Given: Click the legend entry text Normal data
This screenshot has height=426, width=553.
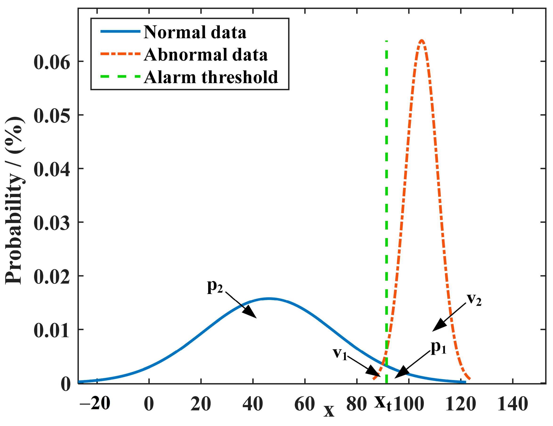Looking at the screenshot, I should coord(195,33).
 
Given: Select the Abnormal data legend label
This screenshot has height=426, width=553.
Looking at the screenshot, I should coord(206,55).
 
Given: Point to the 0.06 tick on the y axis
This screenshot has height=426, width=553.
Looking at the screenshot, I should coord(52,62).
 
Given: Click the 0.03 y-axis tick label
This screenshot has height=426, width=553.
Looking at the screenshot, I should coord(52,223).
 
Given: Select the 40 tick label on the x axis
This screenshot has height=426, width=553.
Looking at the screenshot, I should coord(253,404).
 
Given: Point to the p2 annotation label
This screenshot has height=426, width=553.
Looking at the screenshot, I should coord(215,287).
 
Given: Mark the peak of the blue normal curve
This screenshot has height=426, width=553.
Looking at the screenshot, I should coord(269,299).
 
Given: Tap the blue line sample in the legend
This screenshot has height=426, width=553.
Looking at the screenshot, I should coord(121,31).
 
